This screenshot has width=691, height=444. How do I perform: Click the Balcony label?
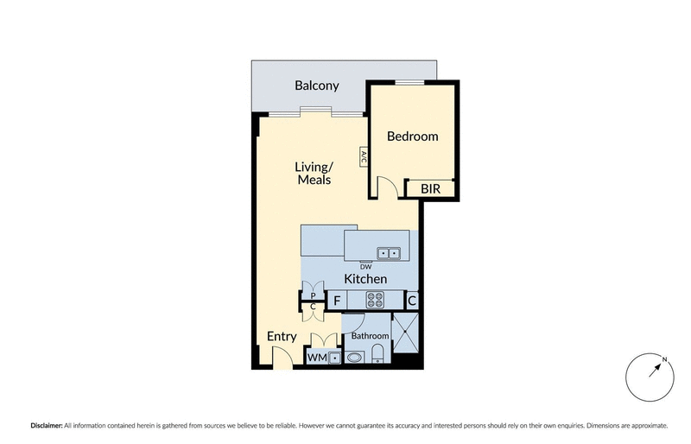(x=316, y=86)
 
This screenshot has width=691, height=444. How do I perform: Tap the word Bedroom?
(x=412, y=136)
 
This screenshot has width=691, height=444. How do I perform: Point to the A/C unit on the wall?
(x=364, y=157)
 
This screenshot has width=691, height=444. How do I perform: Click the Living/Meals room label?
(x=314, y=173)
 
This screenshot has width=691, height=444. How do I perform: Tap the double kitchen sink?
(x=388, y=253)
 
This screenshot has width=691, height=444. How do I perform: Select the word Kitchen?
(x=365, y=280)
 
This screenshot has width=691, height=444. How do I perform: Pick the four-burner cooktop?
(x=376, y=301)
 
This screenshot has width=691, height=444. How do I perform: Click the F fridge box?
(x=338, y=301)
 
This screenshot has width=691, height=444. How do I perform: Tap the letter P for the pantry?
(x=313, y=295)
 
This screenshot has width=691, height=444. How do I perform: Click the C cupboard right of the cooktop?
(x=412, y=301)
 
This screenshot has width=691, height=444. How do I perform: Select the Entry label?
(x=282, y=337)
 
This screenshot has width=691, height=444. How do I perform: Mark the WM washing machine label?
(x=315, y=358)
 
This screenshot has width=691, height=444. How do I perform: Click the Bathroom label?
(x=369, y=336)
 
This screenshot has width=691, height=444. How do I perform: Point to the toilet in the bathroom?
(x=377, y=354)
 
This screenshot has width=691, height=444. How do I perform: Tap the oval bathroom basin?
(x=354, y=357)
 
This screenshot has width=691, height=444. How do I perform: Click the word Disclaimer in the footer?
(x=46, y=426)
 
